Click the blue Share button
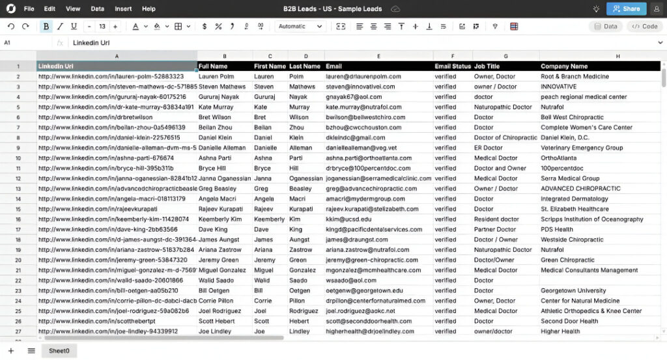626,8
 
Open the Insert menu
123,9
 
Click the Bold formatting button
46,27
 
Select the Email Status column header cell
452,66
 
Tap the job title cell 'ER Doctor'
489,148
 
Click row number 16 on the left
18,219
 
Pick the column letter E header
378,56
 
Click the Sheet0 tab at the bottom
59,351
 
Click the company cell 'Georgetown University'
573,291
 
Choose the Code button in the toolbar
644,27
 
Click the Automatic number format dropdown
300,27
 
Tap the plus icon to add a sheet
11,351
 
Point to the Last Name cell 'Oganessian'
305,178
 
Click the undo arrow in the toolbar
11,27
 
